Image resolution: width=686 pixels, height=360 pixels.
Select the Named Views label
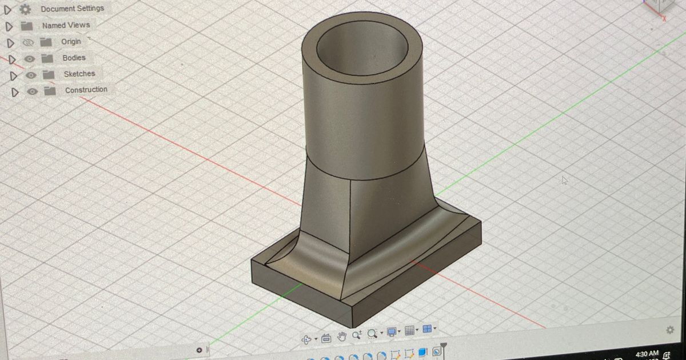pos(66,25)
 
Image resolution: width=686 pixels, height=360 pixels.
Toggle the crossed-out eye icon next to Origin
pos(28,42)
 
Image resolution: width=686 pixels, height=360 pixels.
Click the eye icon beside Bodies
pos(31,58)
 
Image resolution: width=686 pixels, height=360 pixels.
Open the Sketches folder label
pos(79,74)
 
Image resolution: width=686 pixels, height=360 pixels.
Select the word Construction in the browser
pos(86,90)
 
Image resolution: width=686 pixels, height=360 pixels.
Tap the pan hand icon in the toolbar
pos(342,335)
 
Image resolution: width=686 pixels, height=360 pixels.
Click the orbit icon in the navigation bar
pos(307,339)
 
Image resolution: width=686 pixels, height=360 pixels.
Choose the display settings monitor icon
pos(392,331)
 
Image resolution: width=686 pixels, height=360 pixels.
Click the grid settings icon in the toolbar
pos(409,330)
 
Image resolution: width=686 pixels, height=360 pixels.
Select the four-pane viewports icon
pos(426,329)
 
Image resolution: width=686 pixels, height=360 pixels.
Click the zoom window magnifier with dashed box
pos(373,333)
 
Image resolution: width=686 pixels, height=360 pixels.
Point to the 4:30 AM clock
pos(646,354)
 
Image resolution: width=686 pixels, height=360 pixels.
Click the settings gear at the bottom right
pos(670,330)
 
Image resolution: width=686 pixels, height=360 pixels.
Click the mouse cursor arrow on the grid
pos(565,181)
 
